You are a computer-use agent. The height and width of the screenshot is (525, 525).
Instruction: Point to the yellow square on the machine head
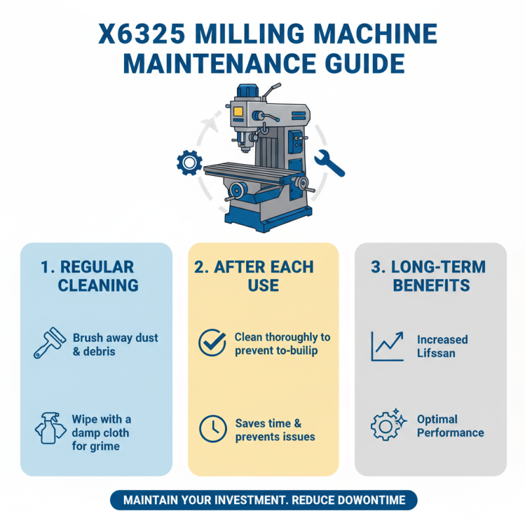point(238,112)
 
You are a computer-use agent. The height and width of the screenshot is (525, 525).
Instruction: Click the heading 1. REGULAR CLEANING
point(96,276)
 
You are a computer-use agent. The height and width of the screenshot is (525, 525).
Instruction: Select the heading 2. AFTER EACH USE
point(263,276)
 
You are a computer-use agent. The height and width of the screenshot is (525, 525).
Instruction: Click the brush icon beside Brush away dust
point(50,344)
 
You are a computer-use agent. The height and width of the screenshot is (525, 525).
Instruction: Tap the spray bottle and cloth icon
point(50,429)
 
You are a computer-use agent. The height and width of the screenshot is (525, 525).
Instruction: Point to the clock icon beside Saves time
point(211,429)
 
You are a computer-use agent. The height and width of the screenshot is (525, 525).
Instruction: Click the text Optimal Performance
point(450,426)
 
